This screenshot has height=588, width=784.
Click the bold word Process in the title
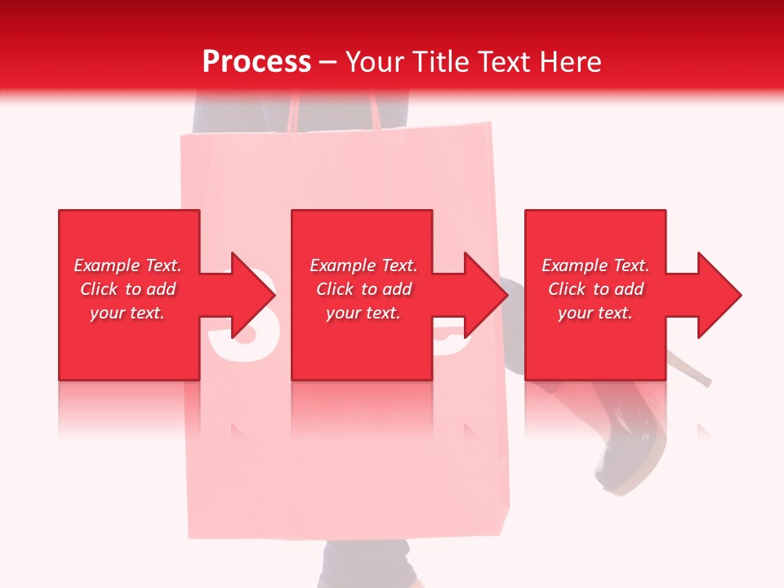[x=256, y=62]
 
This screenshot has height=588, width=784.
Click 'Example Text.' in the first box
[x=127, y=265]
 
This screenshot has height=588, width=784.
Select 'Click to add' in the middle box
[x=363, y=289]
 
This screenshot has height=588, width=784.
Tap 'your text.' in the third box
[x=595, y=313]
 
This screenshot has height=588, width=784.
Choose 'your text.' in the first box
[x=127, y=313]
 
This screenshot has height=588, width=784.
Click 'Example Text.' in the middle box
[x=363, y=265]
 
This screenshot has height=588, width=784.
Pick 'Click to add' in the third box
[x=595, y=289]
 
